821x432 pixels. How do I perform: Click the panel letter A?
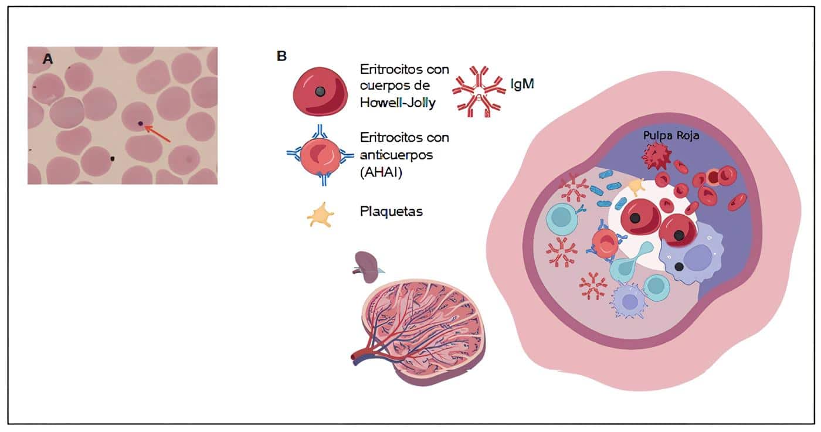[x=49, y=58]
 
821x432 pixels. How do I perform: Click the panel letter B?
[x=281, y=56]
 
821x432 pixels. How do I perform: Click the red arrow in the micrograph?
[x=157, y=133]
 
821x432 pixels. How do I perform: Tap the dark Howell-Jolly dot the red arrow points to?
[x=140, y=124]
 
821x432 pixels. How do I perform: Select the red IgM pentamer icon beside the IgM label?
[x=479, y=91]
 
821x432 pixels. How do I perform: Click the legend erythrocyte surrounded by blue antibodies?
[x=320, y=155]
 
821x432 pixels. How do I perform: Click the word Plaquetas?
[x=391, y=212]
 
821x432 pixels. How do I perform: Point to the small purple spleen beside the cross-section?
[x=367, y=267]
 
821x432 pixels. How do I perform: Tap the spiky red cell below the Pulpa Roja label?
[x=653, y=156]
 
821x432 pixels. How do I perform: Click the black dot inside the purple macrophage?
[x=678, y=267]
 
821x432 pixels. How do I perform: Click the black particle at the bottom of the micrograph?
[x=112, y=158]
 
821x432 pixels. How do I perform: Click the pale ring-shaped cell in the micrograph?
[x=66, y=113]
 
